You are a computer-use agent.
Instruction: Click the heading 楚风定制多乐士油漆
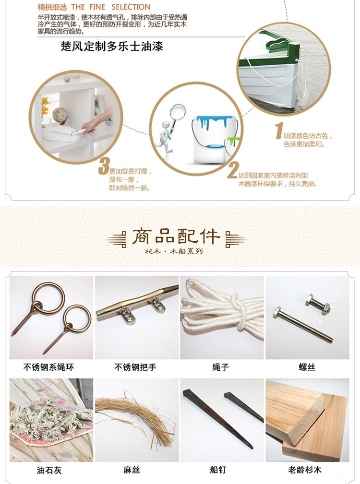tap(112, 47)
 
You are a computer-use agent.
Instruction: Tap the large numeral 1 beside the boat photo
tap(279, 130)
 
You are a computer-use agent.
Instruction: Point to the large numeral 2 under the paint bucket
tap(233, 170)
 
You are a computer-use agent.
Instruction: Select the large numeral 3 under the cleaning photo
tap(104, 166)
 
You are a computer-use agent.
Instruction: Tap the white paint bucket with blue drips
tap(214, 139)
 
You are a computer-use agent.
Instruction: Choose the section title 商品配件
tap(176, 237)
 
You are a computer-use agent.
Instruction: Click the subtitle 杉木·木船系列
tap(174, 251)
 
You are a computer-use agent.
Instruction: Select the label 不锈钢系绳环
tap(48, 367)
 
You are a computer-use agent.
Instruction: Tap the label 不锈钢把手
tap(135, 367)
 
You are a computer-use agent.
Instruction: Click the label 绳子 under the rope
tap(220, 367)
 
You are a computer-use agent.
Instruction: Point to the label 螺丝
tap(307, 367)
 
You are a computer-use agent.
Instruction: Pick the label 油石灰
tap(49, 470)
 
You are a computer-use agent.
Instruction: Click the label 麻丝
tap(132, 470)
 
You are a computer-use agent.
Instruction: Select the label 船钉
tap(218, 470)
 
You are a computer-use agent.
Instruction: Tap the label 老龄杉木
tap(305, 470)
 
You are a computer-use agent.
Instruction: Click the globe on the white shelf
tap(59, 115)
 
